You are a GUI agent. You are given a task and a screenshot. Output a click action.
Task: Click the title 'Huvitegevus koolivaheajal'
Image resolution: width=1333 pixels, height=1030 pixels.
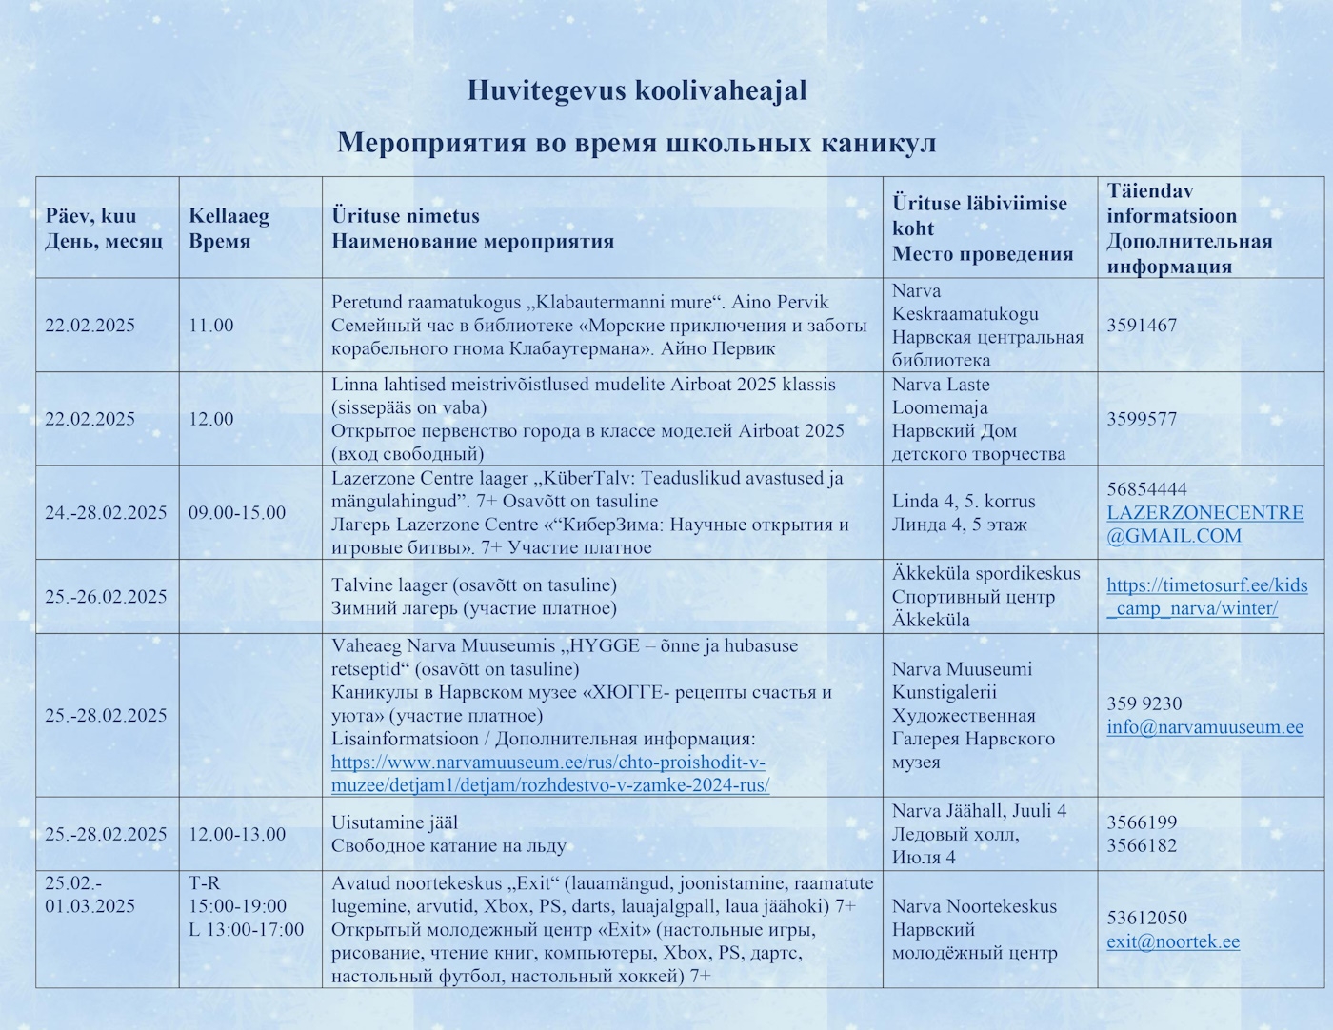636,90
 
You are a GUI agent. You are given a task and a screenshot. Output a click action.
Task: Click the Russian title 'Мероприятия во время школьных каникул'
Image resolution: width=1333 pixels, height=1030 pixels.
636,143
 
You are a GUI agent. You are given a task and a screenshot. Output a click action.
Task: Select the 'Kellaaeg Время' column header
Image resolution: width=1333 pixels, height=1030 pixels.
229,228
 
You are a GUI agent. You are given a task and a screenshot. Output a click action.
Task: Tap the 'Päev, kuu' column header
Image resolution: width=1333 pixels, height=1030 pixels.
90,216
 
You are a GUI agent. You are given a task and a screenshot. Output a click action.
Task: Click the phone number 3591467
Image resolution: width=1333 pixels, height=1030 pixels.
1142,326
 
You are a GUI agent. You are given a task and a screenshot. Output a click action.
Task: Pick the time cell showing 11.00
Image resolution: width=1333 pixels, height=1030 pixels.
210,326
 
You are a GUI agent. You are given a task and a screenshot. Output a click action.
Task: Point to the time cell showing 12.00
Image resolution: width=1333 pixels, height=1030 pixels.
210,419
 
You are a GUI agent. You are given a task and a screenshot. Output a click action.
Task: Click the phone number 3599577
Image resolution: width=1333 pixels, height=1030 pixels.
1142,419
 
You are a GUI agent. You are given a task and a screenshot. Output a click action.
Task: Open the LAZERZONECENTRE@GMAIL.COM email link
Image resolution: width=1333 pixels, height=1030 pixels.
1204,525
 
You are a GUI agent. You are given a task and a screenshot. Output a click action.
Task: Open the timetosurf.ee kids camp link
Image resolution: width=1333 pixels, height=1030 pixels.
1206,597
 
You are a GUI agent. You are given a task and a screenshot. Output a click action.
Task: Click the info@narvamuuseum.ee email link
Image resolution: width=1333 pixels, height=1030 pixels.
1204,727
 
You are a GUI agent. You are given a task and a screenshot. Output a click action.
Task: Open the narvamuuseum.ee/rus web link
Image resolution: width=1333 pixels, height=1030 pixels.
549,774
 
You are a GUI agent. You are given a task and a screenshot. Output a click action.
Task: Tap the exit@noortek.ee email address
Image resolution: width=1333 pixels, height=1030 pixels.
1173,941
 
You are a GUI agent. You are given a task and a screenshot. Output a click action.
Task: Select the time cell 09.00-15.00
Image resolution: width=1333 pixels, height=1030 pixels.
237,513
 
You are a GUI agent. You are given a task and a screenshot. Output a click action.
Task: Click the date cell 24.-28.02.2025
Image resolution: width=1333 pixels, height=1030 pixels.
106,513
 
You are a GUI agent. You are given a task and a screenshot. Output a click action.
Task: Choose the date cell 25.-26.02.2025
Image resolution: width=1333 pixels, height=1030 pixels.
106,597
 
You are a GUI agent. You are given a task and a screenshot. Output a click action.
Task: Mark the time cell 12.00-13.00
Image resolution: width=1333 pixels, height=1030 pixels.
237,835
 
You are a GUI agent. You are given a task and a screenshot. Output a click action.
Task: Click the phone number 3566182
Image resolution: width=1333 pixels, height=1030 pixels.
1142,845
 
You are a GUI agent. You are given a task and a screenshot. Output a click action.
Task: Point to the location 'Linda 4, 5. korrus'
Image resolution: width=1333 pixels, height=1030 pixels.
964,501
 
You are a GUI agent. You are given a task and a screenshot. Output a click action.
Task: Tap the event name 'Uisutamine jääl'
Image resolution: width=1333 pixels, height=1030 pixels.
394,822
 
